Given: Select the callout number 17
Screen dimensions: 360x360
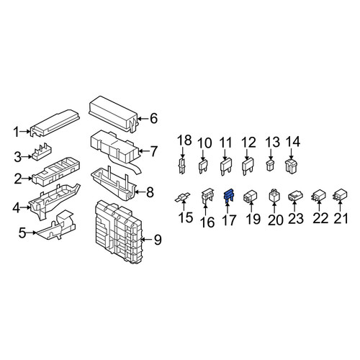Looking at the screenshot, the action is (229, 220).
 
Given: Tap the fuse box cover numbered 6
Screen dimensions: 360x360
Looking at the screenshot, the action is (113, 114).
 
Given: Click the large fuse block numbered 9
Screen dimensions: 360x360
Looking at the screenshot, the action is (119, 232).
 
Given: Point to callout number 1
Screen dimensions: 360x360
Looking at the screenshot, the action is (17, 132).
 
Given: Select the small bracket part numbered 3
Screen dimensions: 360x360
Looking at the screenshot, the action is (42, 152).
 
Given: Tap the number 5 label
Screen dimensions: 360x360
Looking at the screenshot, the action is (22, 233).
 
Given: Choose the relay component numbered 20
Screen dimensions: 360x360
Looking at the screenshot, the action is (274, 197).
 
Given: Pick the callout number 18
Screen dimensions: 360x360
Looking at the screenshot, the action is (184, 140).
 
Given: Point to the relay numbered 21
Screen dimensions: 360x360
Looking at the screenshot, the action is (340, 195).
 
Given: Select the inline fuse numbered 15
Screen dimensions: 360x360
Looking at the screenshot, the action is (182, 197).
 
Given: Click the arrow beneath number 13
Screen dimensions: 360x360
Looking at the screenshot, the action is (271, 154).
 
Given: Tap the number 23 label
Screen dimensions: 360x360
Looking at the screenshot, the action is (295, 219).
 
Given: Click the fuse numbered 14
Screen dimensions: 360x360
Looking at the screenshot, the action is (291, 166).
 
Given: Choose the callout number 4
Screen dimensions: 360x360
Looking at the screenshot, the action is (17, 208).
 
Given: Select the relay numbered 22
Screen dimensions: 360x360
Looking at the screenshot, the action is (319, 196).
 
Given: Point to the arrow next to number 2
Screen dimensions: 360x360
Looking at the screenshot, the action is (27, 179).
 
